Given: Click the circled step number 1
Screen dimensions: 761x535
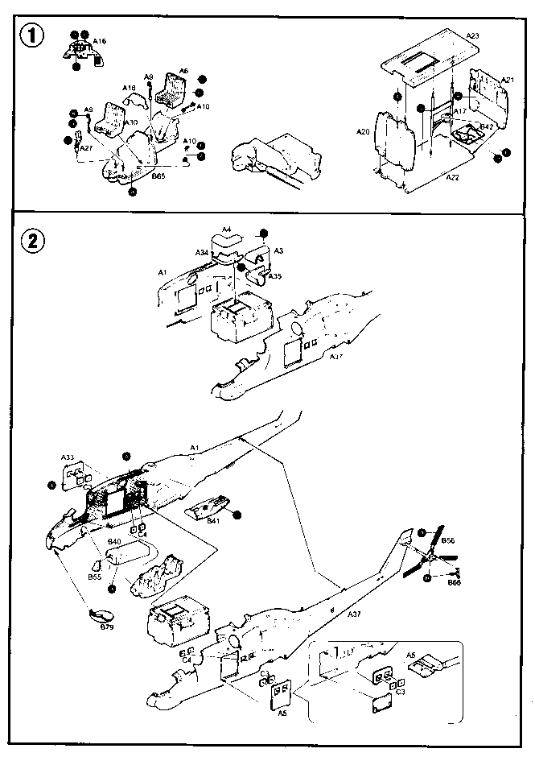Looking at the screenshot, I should (33, 37).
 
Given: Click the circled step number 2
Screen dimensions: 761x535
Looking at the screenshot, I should (33, 239).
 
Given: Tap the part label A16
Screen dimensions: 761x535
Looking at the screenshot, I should (100, 40).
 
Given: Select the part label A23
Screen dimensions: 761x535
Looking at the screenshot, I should (472, 36).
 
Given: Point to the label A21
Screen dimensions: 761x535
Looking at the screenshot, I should (507, 81).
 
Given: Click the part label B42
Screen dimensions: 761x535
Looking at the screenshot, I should (487, 126).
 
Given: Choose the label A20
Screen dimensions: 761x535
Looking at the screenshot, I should (363, 131).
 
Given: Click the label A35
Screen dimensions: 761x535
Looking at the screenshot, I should (276, 276).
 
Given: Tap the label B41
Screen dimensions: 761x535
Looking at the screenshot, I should (213, 522).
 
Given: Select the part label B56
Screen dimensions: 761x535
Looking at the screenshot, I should (449, 541).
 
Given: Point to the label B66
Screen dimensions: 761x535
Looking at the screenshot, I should (455, 581).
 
